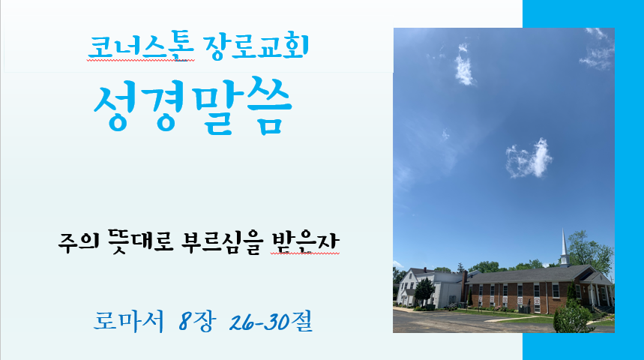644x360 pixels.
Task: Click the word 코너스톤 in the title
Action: [x=140, y=47]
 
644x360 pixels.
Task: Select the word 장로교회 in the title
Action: [x=256, y=46]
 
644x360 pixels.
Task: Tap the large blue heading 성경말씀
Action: [x=193, y=106]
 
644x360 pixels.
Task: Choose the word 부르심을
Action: [x=221, y=242]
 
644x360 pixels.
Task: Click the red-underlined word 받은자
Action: [x=305, y=242]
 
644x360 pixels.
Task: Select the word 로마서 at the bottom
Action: [x=128, y=321]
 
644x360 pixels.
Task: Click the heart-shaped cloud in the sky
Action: [x=529, y=159]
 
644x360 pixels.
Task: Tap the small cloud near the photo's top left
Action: [x=464, y=67]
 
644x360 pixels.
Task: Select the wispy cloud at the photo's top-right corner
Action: [x=598, y=49]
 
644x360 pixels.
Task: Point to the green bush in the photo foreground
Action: [x=573, y=316]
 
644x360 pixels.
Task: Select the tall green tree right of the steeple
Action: [x=591, y=251]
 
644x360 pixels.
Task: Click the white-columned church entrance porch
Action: [x=598, y=292]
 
